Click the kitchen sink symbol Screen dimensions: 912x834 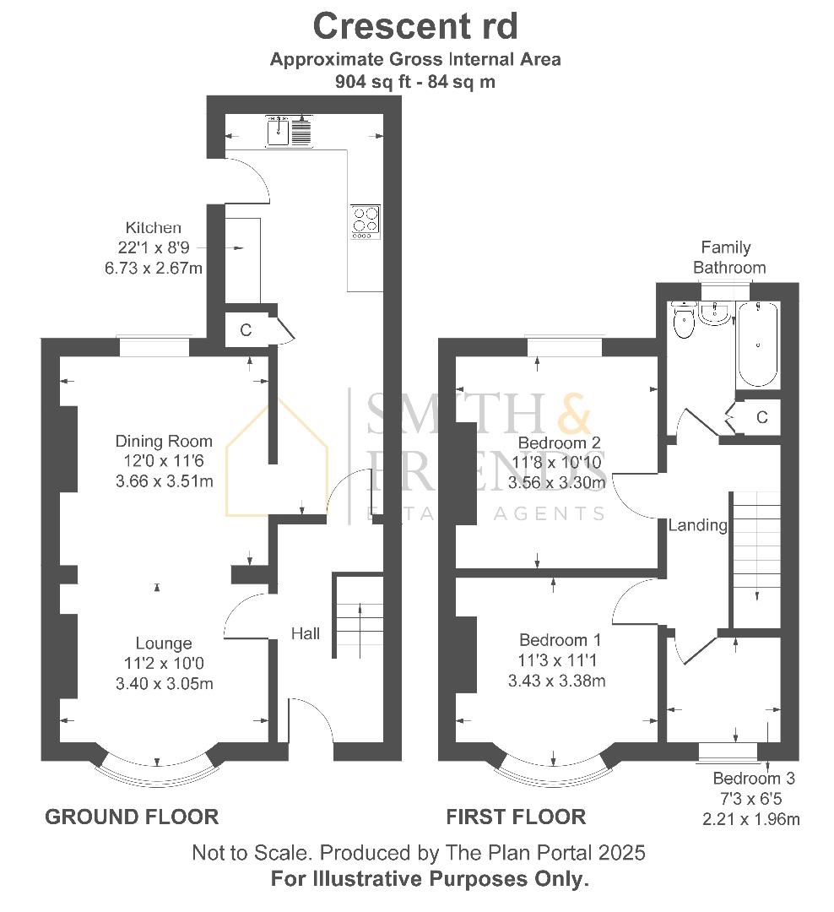pos(289,131)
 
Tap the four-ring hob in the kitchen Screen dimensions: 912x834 pos(366,223)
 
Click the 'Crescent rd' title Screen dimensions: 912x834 pos(414,26)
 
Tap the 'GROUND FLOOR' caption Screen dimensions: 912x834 pos(132,817)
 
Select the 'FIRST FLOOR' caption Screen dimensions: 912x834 pos(516,817)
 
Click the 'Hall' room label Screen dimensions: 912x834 pos(306,632)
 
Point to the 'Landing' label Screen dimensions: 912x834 pos(697,525)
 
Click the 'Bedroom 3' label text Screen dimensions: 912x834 pos(753,779)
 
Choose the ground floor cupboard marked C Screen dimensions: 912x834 pos(246,330)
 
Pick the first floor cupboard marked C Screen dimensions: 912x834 pos(761,417)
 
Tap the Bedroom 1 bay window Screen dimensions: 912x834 pos(553,768)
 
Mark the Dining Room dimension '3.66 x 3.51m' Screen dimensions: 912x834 pos(164,481)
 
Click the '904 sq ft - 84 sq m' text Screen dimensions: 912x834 pos(414,82)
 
